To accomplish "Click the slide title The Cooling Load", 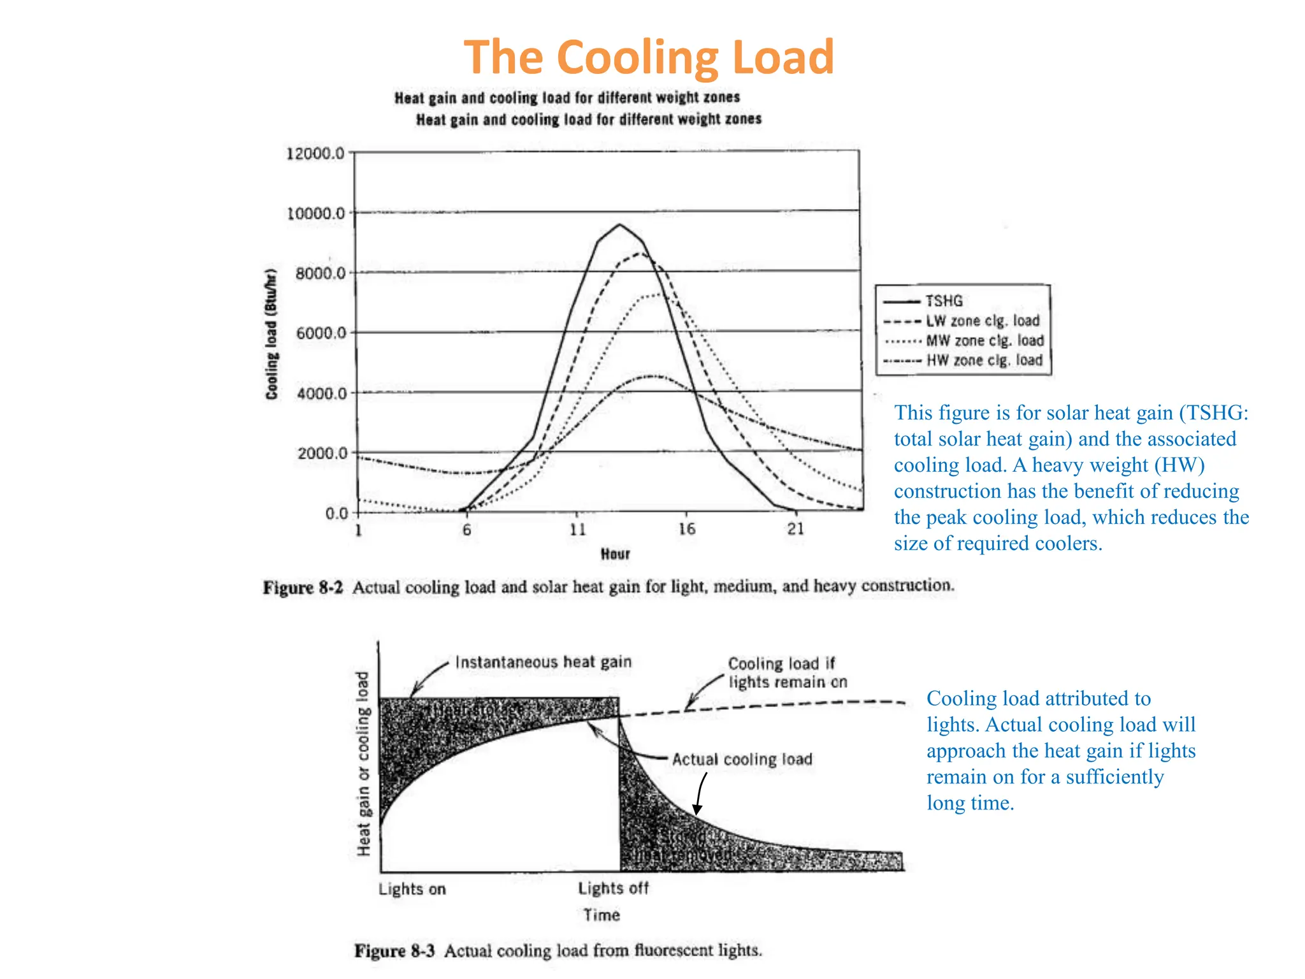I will coord(648,57).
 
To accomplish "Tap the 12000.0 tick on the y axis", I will coord(315,154).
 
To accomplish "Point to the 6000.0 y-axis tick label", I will coord(321,333).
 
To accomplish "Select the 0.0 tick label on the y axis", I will coord(336,513).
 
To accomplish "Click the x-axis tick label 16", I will coord(686,529).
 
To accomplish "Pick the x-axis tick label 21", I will coord(795,529).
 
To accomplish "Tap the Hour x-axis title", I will coord(615,554).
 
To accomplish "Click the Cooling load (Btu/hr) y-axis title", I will coord(272,335).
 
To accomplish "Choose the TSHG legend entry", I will coord(944,301).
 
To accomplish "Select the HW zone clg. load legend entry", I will coord(984,361).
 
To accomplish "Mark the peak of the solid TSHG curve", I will coord(619,224).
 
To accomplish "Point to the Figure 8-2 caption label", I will coord(303,587).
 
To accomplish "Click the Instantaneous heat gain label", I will coord(543,662).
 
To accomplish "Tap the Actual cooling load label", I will coord(742,760).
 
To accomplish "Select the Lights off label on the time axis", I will coord(613,888).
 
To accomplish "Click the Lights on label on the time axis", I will coord(412,889).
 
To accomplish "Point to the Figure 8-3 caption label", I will coord(394,951).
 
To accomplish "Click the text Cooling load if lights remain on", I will coord(787,673).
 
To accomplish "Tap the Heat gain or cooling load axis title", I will coord(363,763).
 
